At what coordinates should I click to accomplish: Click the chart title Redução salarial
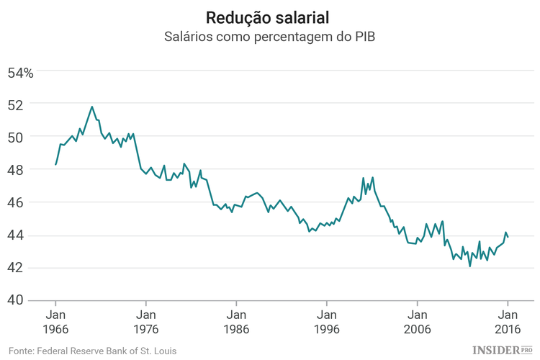point(270,17)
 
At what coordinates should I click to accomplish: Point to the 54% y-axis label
point(20,73)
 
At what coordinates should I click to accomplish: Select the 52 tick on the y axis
point(17,104)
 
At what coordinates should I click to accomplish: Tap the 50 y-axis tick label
point(17,137)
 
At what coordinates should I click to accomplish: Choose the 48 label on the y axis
point(17,170)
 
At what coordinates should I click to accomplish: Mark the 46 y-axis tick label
point(17,203)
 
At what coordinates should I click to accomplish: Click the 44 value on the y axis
point(17,235)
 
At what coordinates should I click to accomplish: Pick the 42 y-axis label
point(17,268)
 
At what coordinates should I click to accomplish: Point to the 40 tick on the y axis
point(17,300)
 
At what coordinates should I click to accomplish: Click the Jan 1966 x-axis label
point(55,321)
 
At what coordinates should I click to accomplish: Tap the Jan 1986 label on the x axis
point(236,321)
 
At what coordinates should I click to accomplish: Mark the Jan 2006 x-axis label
point(417,321)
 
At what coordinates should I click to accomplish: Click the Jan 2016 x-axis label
point(507,321)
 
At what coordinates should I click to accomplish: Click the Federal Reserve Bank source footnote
point(93,351)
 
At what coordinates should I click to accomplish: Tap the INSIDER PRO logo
point(500,349)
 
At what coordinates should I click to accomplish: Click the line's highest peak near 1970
point(92,107)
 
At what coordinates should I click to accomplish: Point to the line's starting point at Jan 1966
point(55,165)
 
